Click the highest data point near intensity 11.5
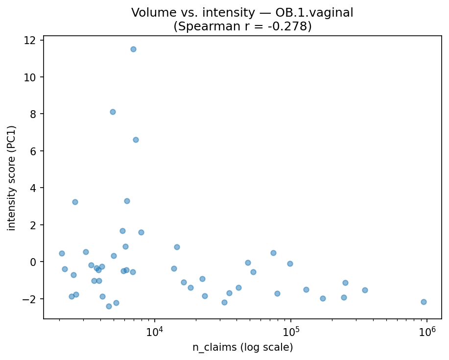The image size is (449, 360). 133,49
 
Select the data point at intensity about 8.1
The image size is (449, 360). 113,112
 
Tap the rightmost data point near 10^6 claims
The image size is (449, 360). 424,302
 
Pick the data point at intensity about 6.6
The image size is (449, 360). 136,140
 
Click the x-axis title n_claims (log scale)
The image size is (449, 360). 242,348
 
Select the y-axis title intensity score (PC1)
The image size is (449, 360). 11,178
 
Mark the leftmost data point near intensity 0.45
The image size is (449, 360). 62,253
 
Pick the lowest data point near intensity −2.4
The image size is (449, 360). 109,306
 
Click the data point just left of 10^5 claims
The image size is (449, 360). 290,264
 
